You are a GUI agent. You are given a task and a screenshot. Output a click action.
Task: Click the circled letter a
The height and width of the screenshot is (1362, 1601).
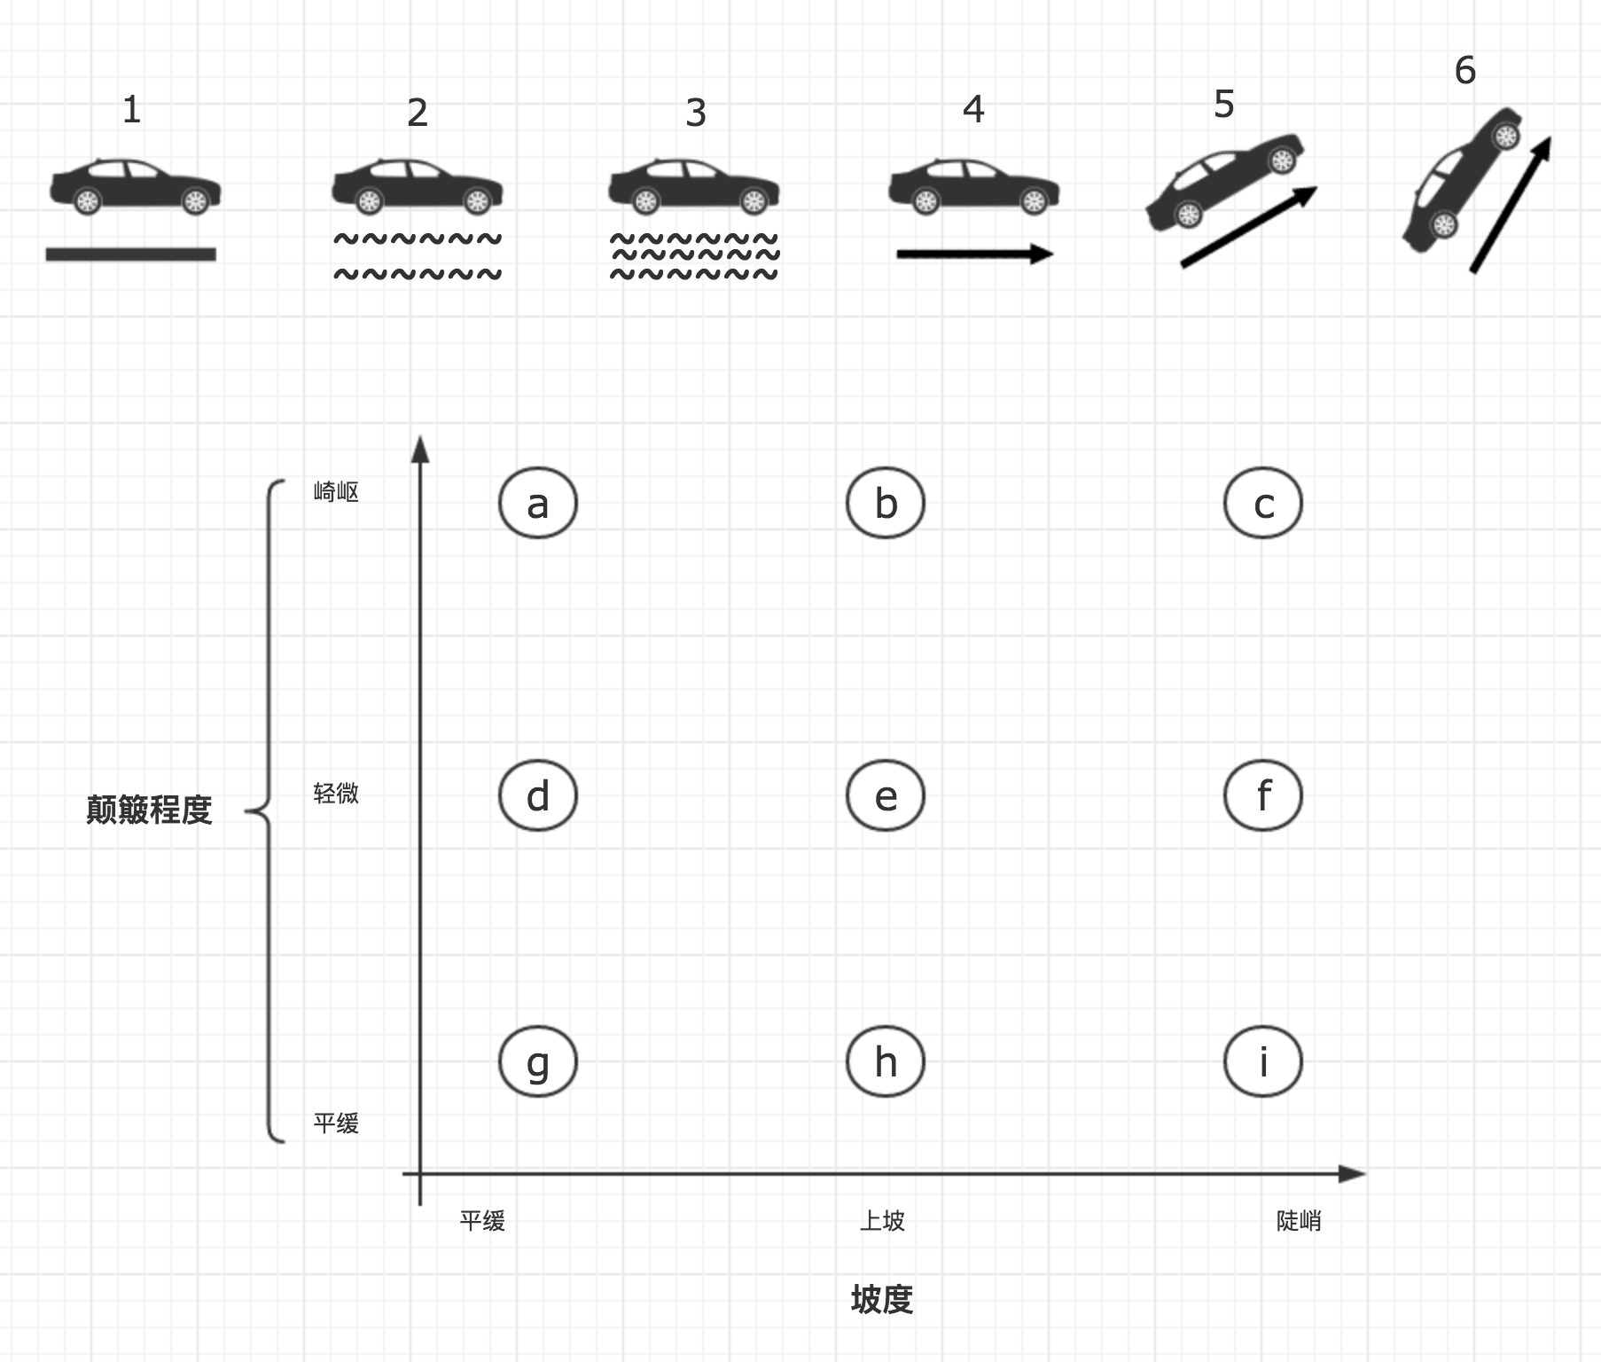(x=537, y=504)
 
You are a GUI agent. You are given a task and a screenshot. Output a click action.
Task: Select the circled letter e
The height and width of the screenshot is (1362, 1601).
(x=885, y=795)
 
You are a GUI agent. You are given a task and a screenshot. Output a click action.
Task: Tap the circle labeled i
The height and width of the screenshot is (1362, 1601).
(x=1262, y=1061)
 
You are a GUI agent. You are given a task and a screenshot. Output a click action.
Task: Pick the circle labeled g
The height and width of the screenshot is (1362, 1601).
(x=537, y=1061)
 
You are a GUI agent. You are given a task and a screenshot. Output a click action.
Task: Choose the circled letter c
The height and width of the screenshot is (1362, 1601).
(x=1262, y=504)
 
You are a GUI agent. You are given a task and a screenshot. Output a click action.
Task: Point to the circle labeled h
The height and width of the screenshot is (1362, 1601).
(x=885, y=1061)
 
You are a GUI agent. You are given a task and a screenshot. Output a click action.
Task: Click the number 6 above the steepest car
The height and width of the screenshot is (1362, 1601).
(x=1464, y=71)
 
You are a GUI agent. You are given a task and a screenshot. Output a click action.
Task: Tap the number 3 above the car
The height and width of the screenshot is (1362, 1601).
(x=696, y=113)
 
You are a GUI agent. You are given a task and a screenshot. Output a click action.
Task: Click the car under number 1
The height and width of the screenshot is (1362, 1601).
(x=135, y=186)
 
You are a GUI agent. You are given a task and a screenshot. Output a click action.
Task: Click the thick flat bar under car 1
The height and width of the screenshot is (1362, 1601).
(x=131, y=254)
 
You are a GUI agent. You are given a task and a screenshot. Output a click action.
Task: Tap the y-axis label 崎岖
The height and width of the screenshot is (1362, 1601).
(x=336, y=492)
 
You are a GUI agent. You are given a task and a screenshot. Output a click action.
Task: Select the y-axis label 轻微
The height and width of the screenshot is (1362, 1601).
(x=336, y=793)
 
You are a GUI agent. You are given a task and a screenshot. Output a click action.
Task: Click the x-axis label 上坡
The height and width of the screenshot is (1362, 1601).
(x=882, y=1221)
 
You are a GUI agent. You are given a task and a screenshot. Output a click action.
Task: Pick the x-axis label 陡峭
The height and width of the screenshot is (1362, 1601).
(x=1299, y=1221)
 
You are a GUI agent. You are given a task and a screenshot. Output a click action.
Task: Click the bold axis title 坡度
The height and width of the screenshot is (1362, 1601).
(x=881, y=1300)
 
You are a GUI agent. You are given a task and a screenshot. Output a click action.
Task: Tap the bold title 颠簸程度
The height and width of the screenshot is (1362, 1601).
(x=149, y=810)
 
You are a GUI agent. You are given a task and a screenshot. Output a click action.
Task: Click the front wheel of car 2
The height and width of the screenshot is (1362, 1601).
(x=477, y=202)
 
